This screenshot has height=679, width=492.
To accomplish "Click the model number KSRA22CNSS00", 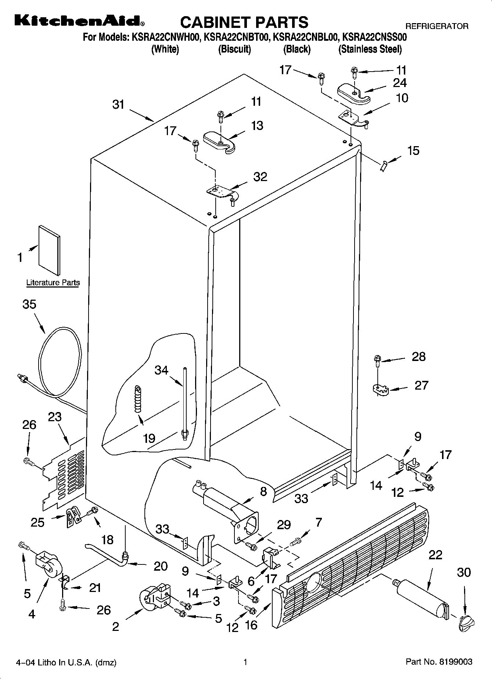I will (374, 37).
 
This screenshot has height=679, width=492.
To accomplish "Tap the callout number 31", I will (118, 105).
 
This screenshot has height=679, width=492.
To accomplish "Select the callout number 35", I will (29, 304).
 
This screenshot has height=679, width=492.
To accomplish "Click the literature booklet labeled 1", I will (50, 249).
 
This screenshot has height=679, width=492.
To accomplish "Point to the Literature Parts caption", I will (53, 283).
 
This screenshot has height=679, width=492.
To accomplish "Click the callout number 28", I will (419, 356).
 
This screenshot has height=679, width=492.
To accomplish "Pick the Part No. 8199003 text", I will (439, 662).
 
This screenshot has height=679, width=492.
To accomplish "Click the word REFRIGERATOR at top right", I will (437, 26).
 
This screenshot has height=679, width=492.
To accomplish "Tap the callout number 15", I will (413, 151).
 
